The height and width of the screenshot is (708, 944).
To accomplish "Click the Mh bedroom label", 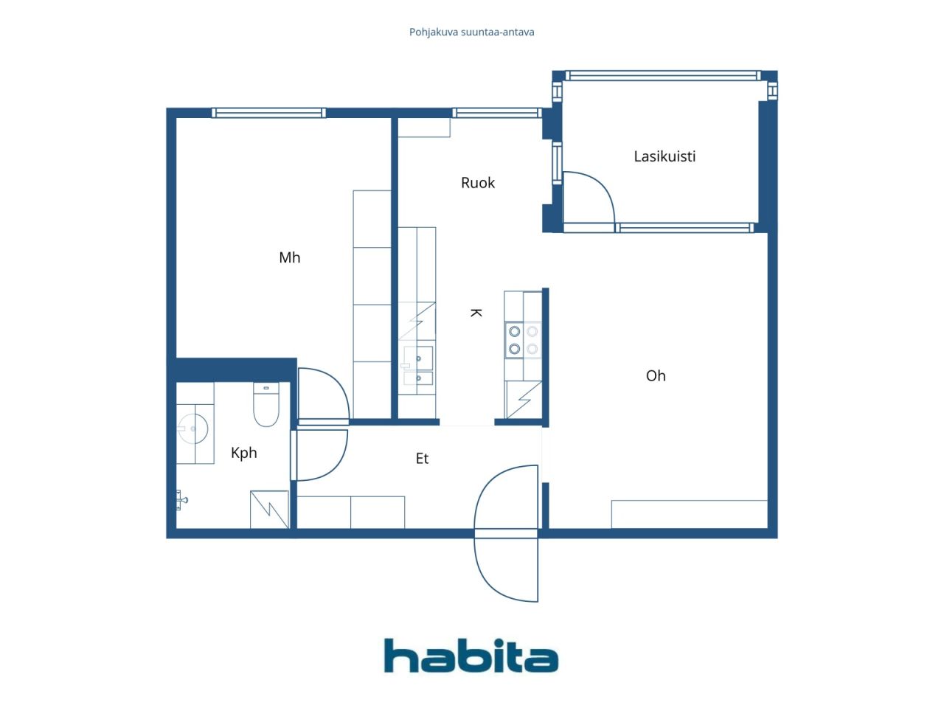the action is click(289, 257).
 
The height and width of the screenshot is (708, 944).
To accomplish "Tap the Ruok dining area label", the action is click(477, 183).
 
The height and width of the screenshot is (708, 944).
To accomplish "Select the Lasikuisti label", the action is click(664, 156).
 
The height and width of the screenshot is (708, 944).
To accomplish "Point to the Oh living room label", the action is click(656, 375).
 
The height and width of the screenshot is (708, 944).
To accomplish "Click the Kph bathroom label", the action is click(244, 453).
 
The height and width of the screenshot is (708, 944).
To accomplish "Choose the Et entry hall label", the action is click(422, 459).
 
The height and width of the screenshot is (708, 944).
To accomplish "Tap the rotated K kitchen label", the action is click(476, 313).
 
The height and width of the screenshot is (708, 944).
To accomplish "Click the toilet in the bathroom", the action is click(265, 404).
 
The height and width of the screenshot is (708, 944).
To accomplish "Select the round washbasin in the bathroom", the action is click(193, 428).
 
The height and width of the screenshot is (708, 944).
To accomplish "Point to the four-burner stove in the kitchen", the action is click(524, 340).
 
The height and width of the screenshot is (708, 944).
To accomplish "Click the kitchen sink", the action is click(418, 365).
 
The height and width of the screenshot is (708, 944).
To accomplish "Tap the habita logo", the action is click(471, 655).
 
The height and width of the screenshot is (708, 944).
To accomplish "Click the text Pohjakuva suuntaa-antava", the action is click(471, 32).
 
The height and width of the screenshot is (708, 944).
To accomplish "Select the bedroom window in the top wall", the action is click(268, 113).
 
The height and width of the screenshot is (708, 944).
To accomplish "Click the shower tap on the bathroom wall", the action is click(181, 500).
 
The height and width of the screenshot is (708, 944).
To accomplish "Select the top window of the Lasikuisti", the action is click(663, 76).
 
